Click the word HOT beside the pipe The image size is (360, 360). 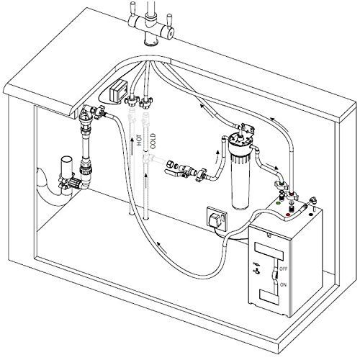(140, 140)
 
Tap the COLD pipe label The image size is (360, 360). (153, 141)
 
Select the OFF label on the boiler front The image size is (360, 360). (283, 269)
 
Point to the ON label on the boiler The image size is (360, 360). (283, 285)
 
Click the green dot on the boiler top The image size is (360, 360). (279, 203)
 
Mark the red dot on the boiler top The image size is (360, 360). (288, 215)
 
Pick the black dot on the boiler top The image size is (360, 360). (311, 215)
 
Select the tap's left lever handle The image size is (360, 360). (132, 9)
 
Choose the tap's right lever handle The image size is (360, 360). (169, 21)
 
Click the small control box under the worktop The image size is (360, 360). (118, 89)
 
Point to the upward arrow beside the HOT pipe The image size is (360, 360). (132, 146)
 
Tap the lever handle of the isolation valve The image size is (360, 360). (172, 172)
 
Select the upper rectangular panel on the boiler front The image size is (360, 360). (269, 251)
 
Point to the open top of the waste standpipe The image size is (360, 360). (66, 159)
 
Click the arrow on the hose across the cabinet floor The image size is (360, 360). (162, 247)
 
